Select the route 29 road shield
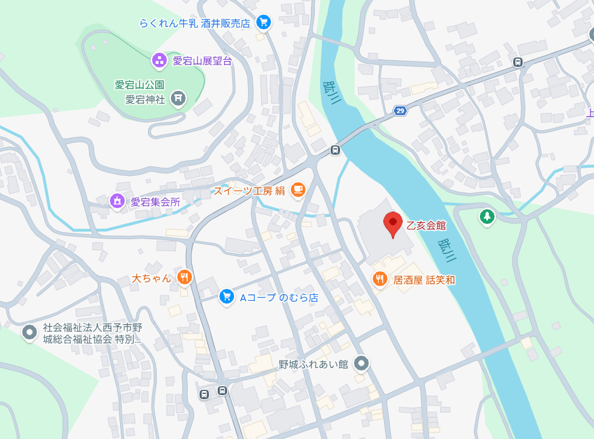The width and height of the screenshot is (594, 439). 400,111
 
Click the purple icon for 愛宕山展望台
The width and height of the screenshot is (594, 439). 159,60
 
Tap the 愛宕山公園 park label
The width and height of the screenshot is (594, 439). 139,85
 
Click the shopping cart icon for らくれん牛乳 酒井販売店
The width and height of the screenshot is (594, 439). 263,23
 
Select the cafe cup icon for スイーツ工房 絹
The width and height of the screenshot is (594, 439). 298,190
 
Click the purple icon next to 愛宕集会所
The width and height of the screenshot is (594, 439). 118,202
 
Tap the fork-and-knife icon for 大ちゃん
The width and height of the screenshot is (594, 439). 184,277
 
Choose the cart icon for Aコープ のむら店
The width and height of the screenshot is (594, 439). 226,297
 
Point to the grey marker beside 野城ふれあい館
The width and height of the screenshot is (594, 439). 362,364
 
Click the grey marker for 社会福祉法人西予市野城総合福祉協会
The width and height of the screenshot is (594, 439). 29,333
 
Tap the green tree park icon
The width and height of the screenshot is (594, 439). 486,217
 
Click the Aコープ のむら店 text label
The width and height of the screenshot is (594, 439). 279,298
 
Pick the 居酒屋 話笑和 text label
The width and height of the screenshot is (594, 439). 424,280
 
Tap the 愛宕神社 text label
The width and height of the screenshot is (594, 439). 146,99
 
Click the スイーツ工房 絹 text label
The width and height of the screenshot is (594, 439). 249,190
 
